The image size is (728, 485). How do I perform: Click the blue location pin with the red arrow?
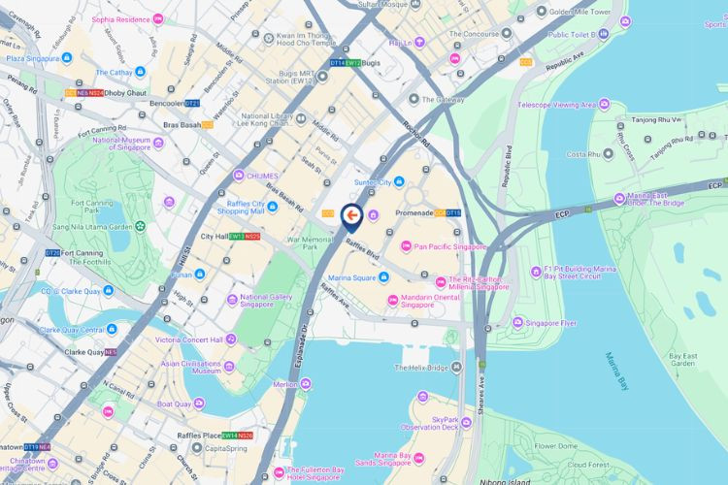click(351, 214)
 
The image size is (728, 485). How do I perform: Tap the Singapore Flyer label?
click(549, 322)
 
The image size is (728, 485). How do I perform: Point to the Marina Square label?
click(350, 278)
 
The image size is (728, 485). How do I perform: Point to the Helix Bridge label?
click(421, 368)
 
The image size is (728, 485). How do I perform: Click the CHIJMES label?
click(262, 175)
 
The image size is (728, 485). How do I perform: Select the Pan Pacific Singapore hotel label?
click(449, 247)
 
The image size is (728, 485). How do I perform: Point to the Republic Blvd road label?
click(506, 165)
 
